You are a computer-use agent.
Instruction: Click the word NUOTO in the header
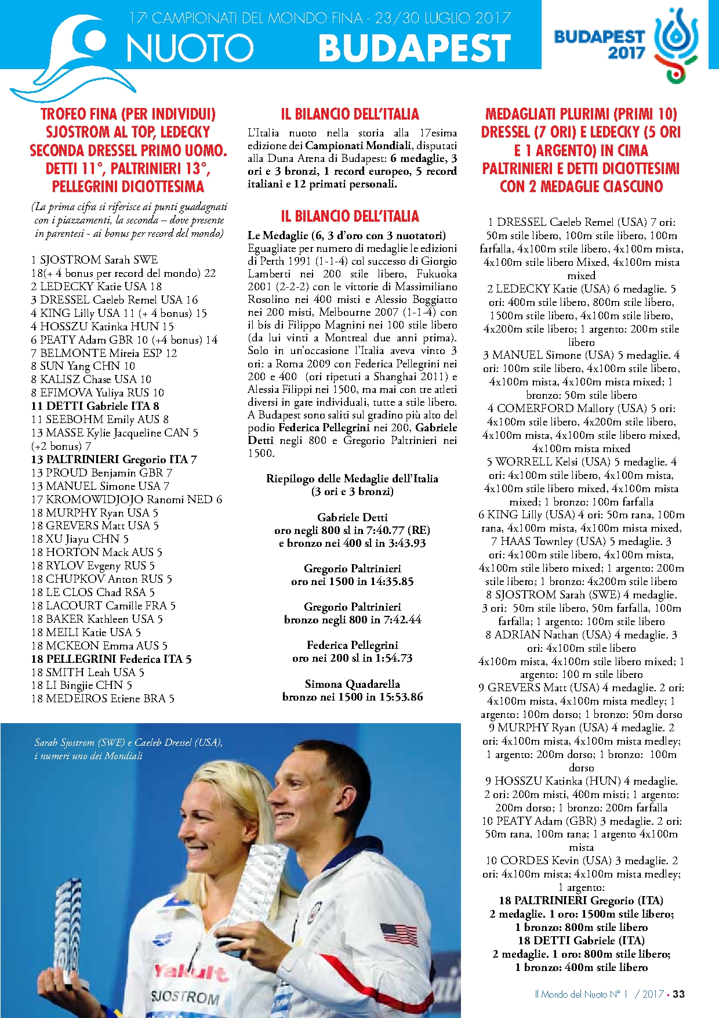click(190, 48)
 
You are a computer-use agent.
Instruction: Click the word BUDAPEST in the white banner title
click(414, 48)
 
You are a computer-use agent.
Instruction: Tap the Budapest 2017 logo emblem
click(676, 44)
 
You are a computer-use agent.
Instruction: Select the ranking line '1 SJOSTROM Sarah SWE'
click(95, 259)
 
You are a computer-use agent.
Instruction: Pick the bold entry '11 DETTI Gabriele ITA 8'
click(95, 406)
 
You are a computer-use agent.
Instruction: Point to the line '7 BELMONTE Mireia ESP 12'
click(104, 353)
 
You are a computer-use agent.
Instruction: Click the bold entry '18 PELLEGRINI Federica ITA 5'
click(111, 659)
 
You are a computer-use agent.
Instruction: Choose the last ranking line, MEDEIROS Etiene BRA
click(103, 698)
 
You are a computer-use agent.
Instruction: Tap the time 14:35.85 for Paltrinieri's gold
click(386, 581)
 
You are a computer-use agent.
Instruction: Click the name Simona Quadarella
click(352, 684)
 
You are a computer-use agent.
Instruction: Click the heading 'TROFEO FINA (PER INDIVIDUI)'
click(128, 114)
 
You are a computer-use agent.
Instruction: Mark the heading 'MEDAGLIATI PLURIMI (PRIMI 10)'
click(581, 114)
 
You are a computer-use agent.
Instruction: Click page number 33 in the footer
click(678, 994)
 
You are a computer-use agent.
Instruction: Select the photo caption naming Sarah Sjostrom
click(128, 749)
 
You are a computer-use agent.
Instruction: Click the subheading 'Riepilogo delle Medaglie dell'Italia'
click(352, 478)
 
